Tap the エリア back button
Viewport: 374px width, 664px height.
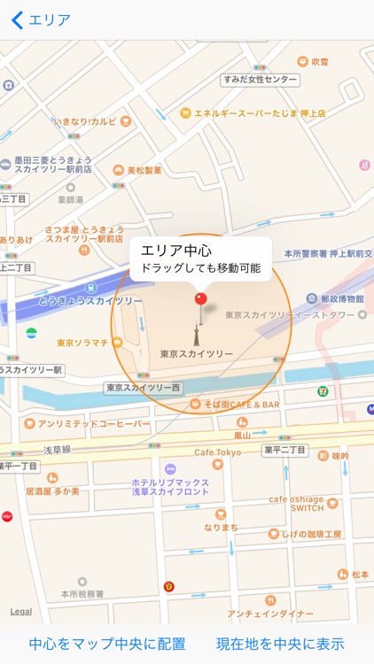[40, 20]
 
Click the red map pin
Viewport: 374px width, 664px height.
[200, 300]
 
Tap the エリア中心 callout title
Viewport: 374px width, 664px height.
[176, 251]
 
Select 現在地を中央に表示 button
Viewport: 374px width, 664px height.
[280, 644]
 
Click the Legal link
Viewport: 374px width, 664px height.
[20, 612]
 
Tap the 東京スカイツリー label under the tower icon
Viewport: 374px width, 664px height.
[197, 354]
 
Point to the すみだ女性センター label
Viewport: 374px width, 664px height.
[260, 81]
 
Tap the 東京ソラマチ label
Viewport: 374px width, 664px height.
[82, 343]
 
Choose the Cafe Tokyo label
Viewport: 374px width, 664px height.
[218, 452]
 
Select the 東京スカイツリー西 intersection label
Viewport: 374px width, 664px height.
[144, 387]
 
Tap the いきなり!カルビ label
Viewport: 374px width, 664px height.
[85, 120]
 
